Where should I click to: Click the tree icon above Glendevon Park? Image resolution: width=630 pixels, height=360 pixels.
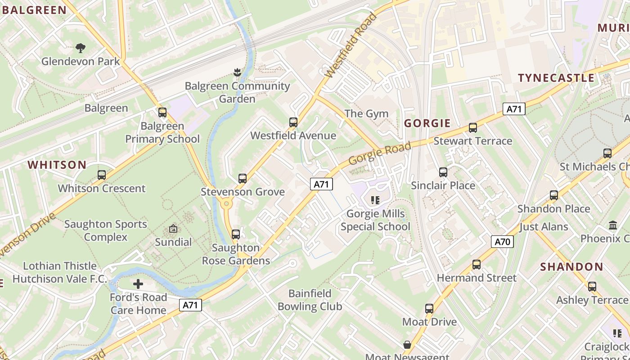(x=81, y=48)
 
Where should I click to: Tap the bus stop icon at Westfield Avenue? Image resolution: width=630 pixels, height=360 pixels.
(x=293, y=122)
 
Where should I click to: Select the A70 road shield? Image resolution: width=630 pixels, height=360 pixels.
(x=502, y=242)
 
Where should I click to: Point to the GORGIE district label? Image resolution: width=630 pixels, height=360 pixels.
(x=427, y=123)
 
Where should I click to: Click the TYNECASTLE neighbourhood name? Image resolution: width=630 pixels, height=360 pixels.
(x=556, y=78)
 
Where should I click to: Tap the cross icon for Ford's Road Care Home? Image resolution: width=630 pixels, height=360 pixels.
(x=138, y=284)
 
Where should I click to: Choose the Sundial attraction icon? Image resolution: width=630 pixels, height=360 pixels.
(x=173, y=229)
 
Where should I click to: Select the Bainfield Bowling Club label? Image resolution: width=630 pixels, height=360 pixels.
(x=310, y=300)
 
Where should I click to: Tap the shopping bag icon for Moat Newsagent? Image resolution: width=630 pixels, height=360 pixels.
(x=407, y=345)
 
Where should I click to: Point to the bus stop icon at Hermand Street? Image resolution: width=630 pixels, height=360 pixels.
(x=477, y=265)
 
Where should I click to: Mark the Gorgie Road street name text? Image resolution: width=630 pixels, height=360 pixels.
(x=380, y=153)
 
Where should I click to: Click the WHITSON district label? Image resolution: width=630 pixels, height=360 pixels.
(x=57, y=165)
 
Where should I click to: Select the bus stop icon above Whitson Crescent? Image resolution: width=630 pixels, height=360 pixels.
(x=102, y=175)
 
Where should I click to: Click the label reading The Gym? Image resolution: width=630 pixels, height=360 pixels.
(x=366, y=113)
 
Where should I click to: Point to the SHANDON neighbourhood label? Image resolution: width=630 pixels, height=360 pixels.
(x=571, y=266)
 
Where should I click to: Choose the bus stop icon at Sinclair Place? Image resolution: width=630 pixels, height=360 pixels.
(x=443, y=172)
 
